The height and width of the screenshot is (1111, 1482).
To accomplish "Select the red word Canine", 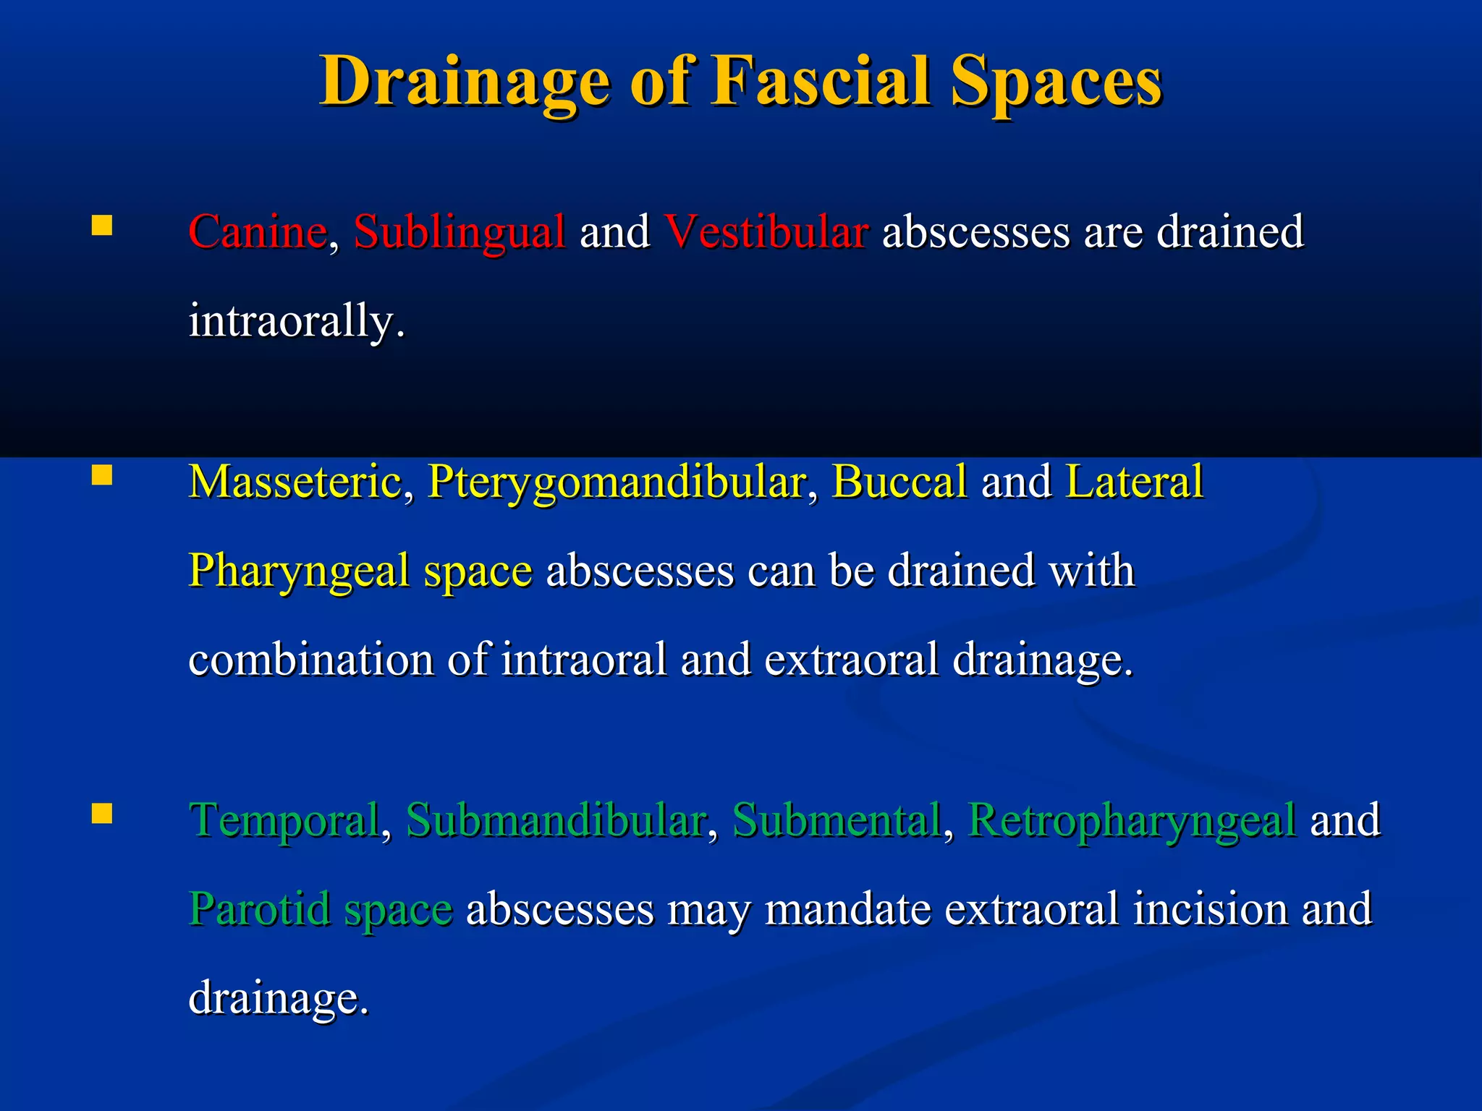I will click(258, 232).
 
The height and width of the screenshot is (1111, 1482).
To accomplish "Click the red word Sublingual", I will click(459, 232).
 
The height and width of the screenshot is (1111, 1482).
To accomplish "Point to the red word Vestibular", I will click(766, 232).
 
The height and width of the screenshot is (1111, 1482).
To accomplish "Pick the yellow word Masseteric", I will click(295, 482).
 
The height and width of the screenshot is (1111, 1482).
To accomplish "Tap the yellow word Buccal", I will click(899, 482).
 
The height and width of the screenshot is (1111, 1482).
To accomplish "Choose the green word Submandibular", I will click(556, 821).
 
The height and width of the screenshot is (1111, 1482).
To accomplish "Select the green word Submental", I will click(837, 821).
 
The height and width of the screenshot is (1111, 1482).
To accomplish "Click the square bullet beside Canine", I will click(102, 226).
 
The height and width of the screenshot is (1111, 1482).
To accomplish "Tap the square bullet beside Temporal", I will click(102, 814).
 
